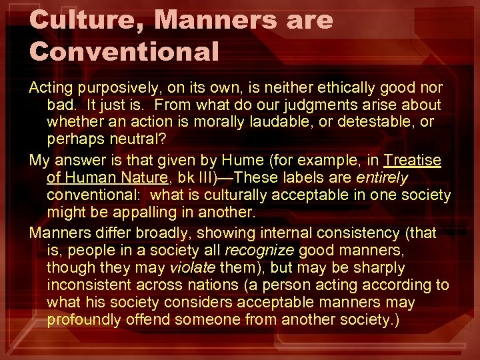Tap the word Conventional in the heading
click(x=125, y=51)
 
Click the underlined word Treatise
click(x=412, y=161)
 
